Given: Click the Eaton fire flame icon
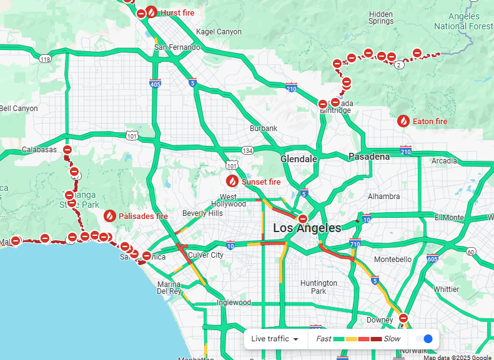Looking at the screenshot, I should coord(403,121).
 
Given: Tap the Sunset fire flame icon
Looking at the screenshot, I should coord(232,182).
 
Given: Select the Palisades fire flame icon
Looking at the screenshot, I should coord(110,216).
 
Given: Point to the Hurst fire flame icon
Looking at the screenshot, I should coord(151,12).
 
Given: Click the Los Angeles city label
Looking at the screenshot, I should coord(307,228).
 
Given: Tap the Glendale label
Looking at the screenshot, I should coord(299,159).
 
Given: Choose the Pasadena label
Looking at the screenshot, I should coord(369,157).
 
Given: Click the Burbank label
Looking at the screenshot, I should coord(263,129).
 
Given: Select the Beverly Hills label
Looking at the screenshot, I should coord(202,213).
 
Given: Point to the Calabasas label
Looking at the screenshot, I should coord(39,150).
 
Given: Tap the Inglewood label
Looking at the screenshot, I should coord(234,303).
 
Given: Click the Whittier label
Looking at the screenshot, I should coord(447,289).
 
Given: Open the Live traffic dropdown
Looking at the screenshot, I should coord(275,339).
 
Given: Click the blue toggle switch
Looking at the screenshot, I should coord(424,339).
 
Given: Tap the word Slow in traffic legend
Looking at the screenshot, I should coord(392,339).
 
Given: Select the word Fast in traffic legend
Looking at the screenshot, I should coord(324,339).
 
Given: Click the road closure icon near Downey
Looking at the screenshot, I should coord(403,318).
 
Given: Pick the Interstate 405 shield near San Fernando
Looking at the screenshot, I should coord(155,83).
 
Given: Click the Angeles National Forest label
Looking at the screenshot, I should coord(463,22).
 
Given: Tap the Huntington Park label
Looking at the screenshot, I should coord(319,287).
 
